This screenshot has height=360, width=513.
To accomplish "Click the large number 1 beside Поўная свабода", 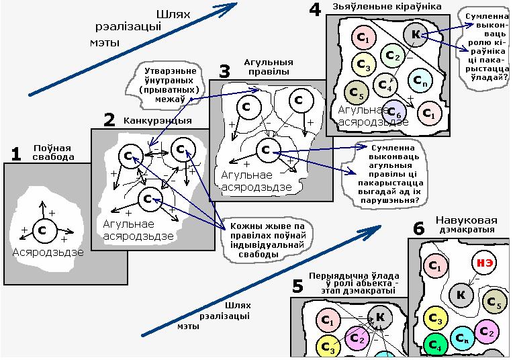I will tap(15, 154).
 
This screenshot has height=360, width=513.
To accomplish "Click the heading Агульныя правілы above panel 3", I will tap(263, 66).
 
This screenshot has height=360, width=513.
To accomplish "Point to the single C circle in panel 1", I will tap(43, 230).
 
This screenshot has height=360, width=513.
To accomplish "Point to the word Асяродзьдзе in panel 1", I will tap(48, 253).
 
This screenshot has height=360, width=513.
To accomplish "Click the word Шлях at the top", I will tap(173, 13).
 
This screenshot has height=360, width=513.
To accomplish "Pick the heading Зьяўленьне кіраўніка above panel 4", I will tap(386, 6).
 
